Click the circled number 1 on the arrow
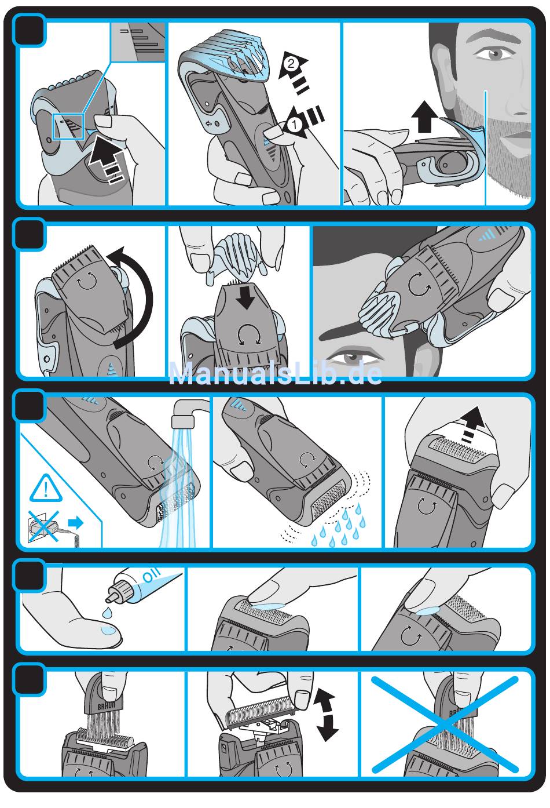(x=295, y=125)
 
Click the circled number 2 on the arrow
(x=291, y=64)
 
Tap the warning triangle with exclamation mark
(x=46, y=489)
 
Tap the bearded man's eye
(x=494, y=54)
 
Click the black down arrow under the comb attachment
(x=247, y=297)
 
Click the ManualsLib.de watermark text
(x=275, y=374)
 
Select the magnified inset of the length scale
(x=138, y=42)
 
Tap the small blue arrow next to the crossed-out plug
(x=76, y=522)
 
